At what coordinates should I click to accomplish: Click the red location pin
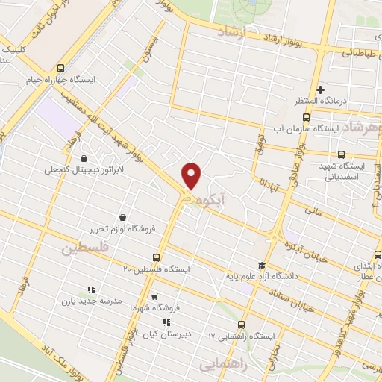coord(192,175)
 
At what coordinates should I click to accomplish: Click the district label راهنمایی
coord(222,363)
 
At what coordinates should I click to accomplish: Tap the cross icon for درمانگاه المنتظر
coord(320,90)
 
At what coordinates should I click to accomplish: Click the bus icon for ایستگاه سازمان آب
coord(307,117)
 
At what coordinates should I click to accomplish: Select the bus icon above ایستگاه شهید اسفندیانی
coord(341,154)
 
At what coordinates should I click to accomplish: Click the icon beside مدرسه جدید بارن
coord(90,289)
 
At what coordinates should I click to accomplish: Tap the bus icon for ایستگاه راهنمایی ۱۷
coord(240,325)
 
